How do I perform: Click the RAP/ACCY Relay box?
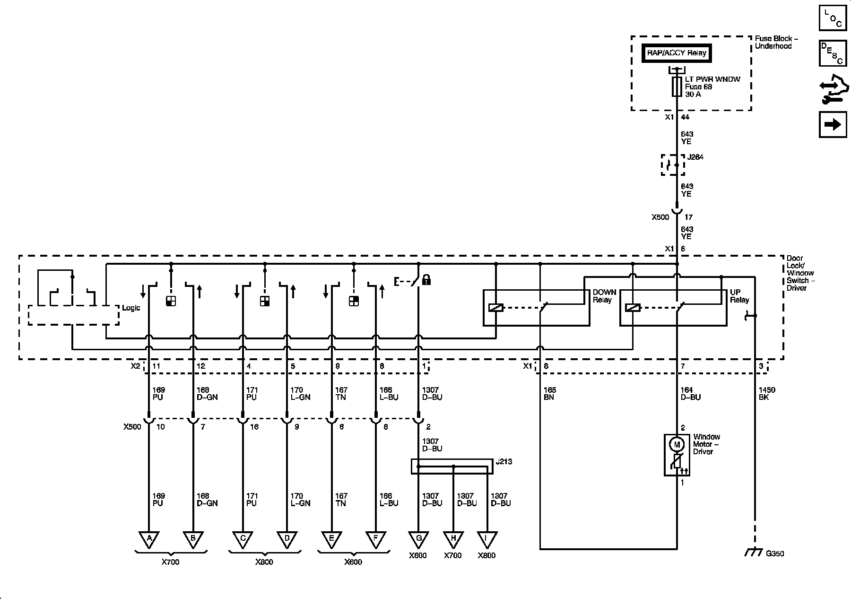(677, 53)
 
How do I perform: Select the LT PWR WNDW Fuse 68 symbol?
(677, 87)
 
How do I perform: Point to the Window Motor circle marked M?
(677, 444)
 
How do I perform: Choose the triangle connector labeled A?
(149, 538)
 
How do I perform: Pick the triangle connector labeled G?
(418, 538)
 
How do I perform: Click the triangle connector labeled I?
(486, 538)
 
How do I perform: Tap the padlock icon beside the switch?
(426, 279)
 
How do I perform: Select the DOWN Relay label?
(604, 296)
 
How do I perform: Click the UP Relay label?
(739, 296)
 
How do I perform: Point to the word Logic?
(131, 308)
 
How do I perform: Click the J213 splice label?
(505, 462)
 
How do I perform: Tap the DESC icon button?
(833, 53)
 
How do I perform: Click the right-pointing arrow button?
(833, 124)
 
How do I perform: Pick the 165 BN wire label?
(550, 394)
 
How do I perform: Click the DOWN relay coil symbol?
(496, 308)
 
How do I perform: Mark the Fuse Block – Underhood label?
(773, 42)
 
